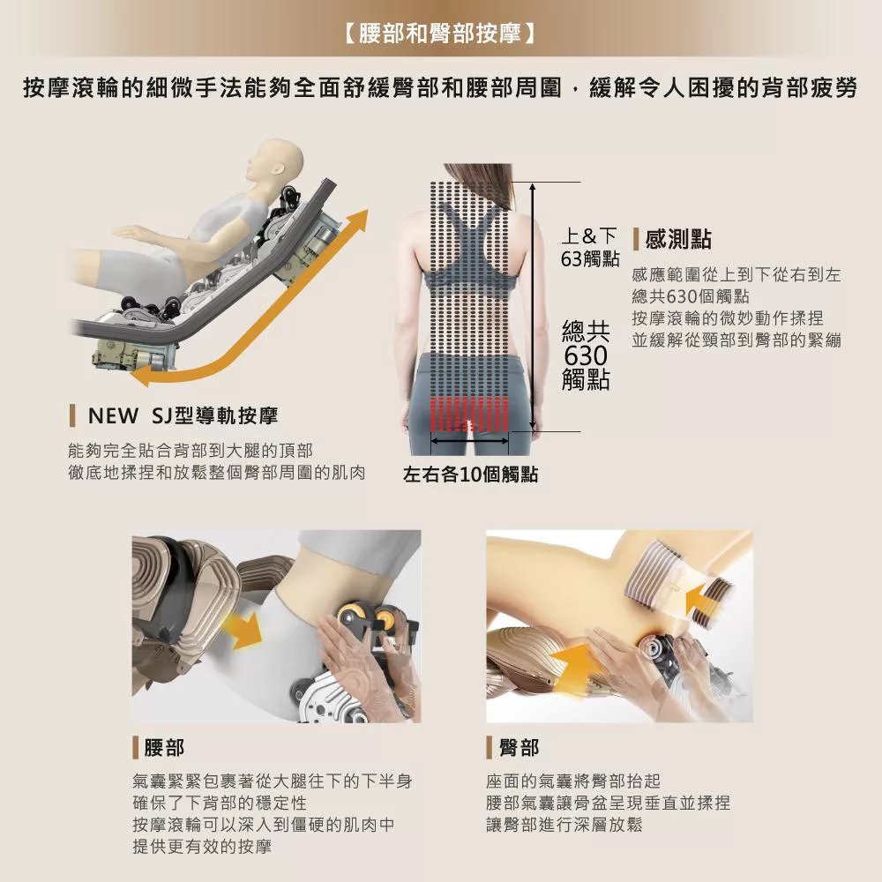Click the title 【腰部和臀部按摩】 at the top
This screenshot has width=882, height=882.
pos(440,36)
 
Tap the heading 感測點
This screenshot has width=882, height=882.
pos(678,239)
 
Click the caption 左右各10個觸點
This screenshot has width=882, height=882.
pos(470,475)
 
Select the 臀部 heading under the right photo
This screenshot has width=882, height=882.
pos(519,748)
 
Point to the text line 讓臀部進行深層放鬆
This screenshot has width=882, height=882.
pos(564,825)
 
